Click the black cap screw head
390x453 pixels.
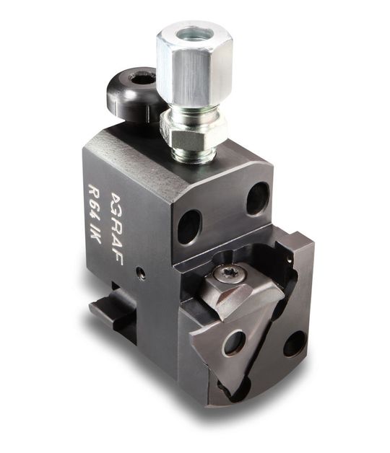point(133,95)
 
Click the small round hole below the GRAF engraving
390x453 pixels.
point(141,273)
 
